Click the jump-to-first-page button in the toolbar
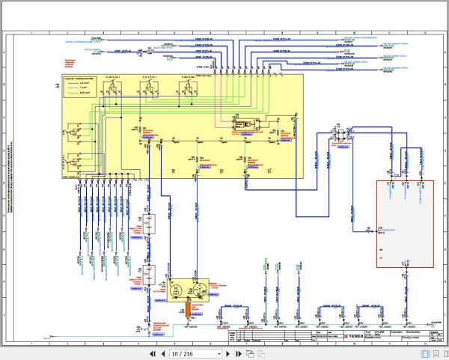coord(153,353)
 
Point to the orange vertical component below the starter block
coord(187,308)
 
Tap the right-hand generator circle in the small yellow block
coord(198,289)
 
